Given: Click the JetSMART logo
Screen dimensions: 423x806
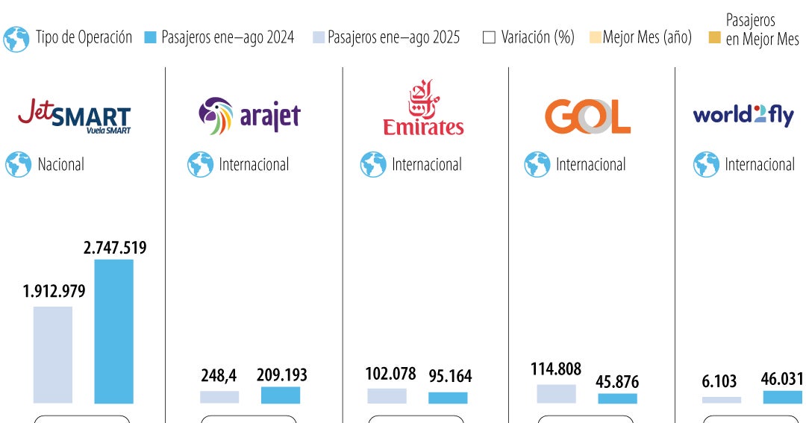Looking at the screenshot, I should (x=75, y=116).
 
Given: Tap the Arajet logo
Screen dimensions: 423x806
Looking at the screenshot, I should (x=249, y=116).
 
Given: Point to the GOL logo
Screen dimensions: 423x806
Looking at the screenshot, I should (x=587, y=116).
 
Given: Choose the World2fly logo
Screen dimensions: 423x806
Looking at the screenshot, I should (x=743, y=116).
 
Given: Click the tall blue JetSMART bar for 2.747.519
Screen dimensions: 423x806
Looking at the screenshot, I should (x=113, y=331).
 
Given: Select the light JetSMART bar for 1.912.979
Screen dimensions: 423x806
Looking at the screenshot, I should (x=53, y=354).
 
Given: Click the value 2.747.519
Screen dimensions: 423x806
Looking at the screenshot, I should (x=115, y=248).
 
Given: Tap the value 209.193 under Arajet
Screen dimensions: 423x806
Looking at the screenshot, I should (x=281, y=375).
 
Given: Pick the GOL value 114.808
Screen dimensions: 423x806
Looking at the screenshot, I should (x=556, y=369).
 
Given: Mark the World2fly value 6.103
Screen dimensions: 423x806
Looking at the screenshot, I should (x=720, y=381).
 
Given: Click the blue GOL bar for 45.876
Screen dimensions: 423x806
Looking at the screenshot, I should (x=617, y=398).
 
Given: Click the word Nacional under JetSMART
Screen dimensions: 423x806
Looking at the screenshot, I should (x=61, y=164).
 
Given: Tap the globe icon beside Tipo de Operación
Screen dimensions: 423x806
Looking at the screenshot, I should (x=16, y=39).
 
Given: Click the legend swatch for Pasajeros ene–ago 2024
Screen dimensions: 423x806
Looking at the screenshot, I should (x=150, y=37).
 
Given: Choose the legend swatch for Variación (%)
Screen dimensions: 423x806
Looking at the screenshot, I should (x=489, y=37).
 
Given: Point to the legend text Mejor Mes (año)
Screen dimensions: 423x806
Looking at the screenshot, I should (x=646, y=37).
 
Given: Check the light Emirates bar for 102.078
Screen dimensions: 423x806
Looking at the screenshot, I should (x=387, y=395).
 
